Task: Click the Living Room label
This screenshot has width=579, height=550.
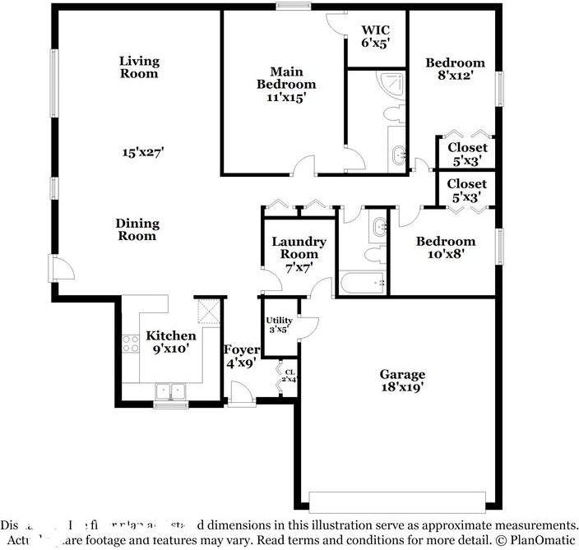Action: tap(139, 67)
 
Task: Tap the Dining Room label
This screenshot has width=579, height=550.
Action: tap(137, 229)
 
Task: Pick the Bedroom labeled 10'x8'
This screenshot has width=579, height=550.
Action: tap(445, 247)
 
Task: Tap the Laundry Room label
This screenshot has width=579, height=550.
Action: tap(299, 248)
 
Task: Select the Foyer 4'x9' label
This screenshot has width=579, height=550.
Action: tap(241, 355)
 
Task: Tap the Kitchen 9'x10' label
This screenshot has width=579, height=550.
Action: tap(171, 341)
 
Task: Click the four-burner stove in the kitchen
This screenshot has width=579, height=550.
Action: tap(131, 343)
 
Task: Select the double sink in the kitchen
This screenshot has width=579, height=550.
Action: tap(173, 390)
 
